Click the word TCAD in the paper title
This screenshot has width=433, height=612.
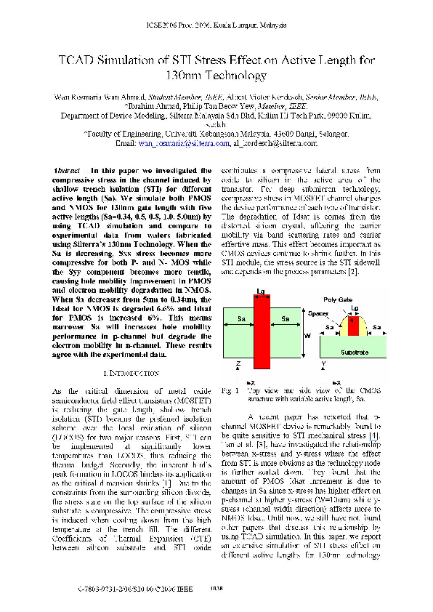coord(80,62)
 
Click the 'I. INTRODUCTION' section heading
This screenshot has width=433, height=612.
coord(131,373)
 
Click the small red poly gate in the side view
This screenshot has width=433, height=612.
coord(354,321)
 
